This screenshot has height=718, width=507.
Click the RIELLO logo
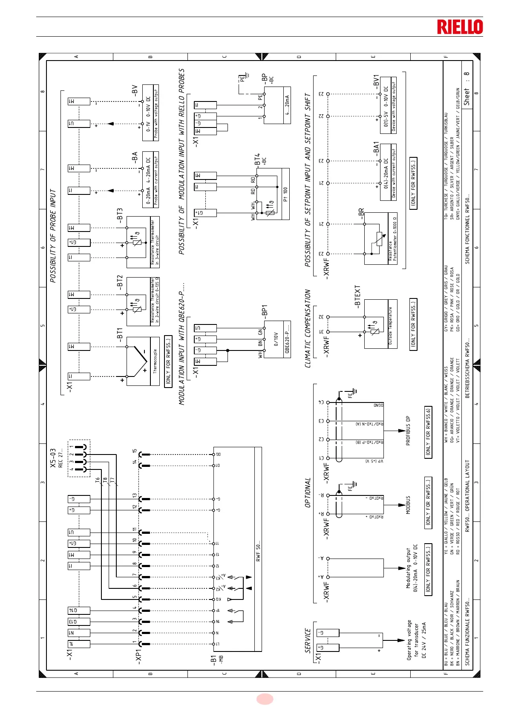point(460,27)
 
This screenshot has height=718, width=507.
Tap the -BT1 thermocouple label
point(120,334)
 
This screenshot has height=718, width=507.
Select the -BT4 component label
point(257,160)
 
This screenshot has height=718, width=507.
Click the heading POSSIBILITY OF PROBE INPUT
point(53,236)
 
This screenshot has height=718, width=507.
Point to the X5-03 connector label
point(53,458)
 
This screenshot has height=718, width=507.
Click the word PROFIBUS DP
point(408,431)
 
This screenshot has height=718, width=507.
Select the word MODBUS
point(408,505)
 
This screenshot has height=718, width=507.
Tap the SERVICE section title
point(308,640)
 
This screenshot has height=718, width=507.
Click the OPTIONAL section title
point(308,492)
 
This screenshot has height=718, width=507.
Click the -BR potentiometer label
point(361,214)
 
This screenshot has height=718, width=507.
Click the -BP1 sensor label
point(264,311)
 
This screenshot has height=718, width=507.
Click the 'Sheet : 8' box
point(467,89)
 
